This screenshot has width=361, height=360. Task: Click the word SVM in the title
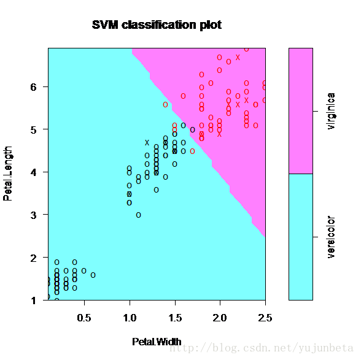click(105, 25)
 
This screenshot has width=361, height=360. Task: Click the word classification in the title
click(158, 25)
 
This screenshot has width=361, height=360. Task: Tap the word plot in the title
click(211, 25)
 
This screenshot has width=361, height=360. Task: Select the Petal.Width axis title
click(157, 342)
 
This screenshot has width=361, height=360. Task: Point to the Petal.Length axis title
click(7, 174)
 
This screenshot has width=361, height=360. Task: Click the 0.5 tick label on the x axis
click(84, 318)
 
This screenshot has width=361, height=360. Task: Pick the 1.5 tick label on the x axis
click(175, 318)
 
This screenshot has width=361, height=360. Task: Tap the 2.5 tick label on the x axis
click(265, 318)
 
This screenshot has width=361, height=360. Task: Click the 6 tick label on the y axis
click(33, 87)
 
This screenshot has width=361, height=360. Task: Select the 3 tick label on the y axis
click(33, 215)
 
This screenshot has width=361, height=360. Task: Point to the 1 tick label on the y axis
click(34, 301)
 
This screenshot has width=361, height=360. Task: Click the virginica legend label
click(331, 111)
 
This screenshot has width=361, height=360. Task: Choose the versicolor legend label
click(331, 237)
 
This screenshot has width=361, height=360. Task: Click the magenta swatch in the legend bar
click(301, 111)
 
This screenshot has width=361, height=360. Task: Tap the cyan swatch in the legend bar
click(301, 237)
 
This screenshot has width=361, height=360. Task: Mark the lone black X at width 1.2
click(147, 143)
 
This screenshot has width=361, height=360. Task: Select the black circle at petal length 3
click(138, 215)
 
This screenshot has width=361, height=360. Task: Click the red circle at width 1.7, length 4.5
click(193, 151)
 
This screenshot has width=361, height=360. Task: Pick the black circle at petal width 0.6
click(93, 275)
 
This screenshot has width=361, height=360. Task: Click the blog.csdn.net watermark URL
click(262, 348)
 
